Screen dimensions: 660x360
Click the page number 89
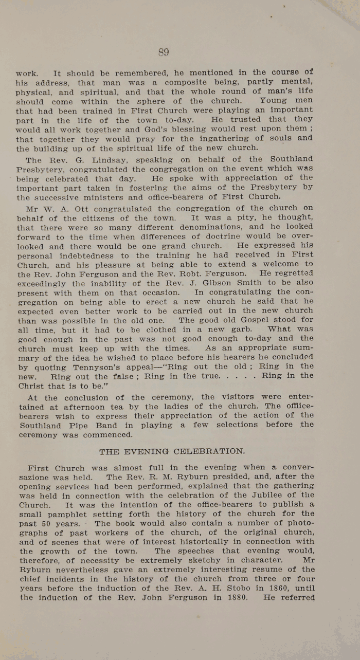tap(164, 52)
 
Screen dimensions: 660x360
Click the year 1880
tap(235, 598)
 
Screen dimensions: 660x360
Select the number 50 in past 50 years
tap(46, 523)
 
